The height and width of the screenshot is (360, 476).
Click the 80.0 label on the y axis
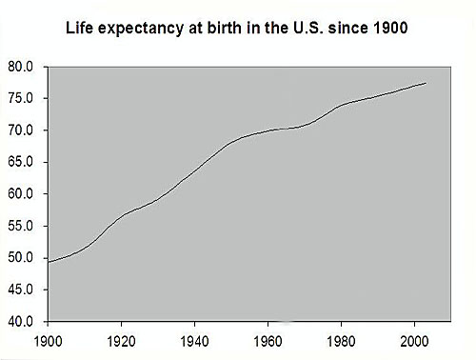click(x=21, y=67)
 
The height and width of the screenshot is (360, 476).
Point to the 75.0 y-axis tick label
click(x=21, y=98)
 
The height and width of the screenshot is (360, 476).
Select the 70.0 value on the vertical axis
click(x=21, y=130)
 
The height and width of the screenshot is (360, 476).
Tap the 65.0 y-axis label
click(x=21, y=162)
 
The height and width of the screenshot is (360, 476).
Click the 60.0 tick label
click(x=21, y=193)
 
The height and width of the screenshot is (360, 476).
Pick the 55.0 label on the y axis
click(x=21, y=226)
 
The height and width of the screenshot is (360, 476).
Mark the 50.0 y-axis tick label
click(x=21, y=257)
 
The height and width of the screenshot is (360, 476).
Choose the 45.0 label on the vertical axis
click(x=21, y=289)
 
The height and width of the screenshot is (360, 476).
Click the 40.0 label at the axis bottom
click(x=21, y=321)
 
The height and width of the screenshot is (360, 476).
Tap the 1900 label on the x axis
click(x=46, y=338)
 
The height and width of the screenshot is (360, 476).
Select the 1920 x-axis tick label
click(x=120, y=338)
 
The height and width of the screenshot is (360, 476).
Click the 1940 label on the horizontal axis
click(x=194, y=338)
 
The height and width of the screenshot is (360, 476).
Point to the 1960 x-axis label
click(x=268, y=338)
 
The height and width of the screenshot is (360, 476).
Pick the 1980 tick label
click(x=343, y=338)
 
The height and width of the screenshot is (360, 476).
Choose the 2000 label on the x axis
click(x=416, y=338)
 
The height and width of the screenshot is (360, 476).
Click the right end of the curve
click(x=426, y=84)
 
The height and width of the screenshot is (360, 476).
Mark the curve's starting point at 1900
click(x=47, y=261)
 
